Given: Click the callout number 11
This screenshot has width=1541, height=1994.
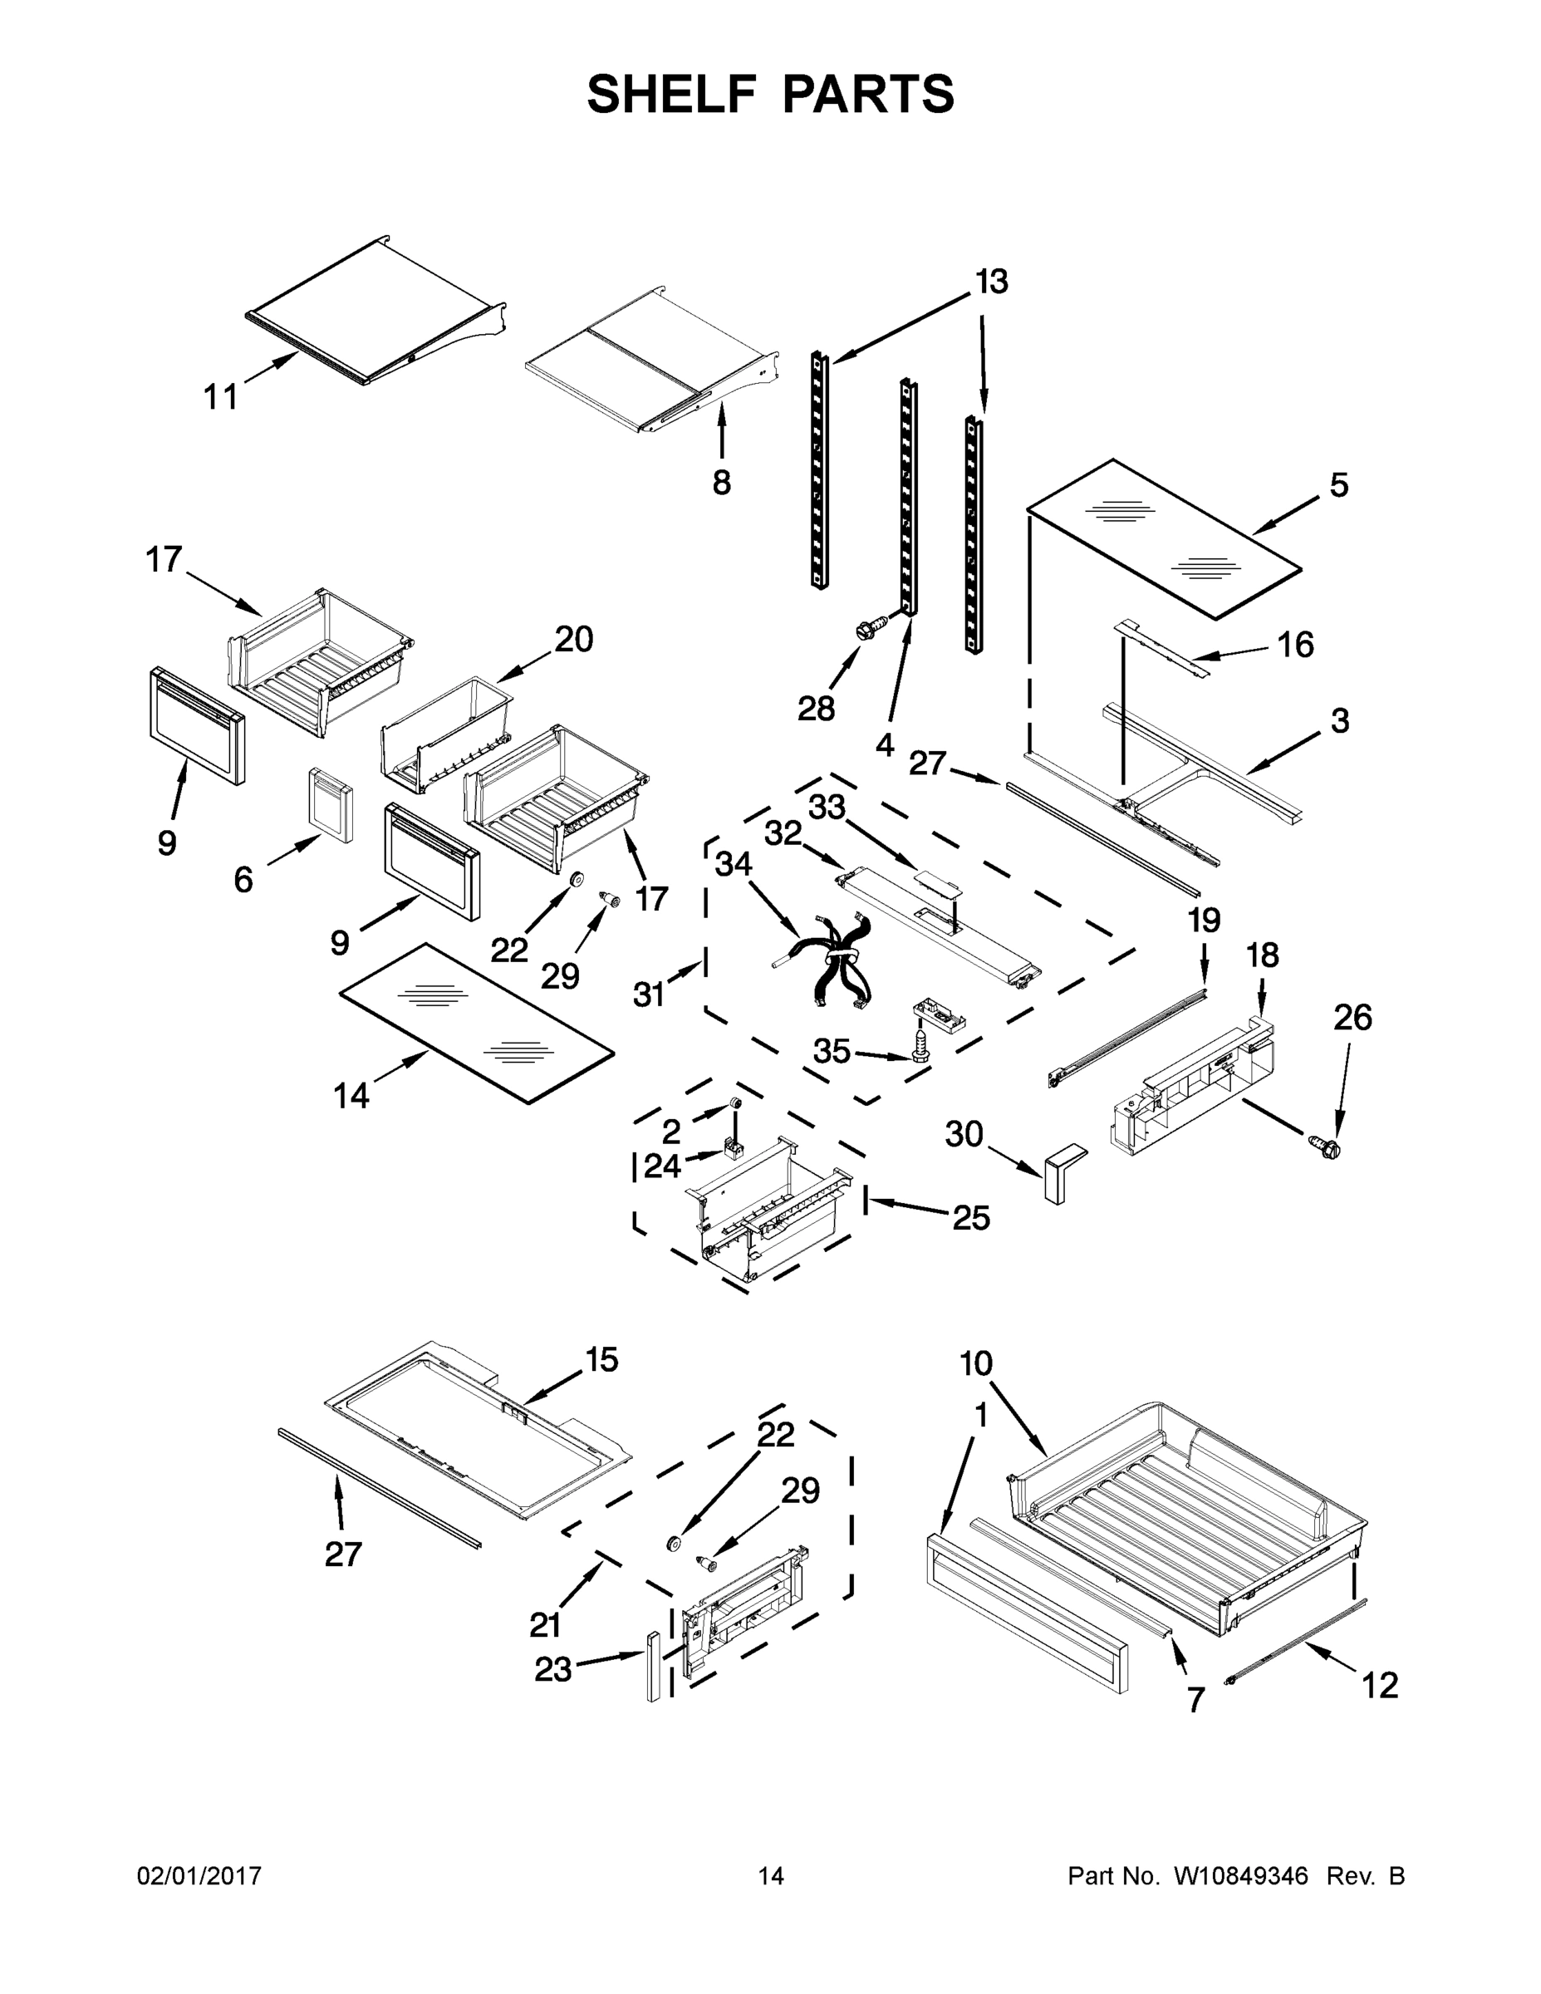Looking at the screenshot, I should tap(220, 397).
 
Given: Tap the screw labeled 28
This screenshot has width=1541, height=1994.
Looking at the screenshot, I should tap(869, 629).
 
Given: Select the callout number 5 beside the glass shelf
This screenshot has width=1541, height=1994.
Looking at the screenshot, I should tap(1338, 485).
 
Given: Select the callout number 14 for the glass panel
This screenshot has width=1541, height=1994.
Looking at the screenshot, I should tap(351, 1095).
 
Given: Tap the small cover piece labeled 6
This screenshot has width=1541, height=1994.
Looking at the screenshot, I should tap(331, 803).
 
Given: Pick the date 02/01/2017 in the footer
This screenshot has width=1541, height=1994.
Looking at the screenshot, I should tap(199, 1875).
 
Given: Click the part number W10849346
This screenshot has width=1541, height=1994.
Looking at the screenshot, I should tap(1240, 1875).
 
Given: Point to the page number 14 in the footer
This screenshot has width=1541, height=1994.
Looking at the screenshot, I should tap(771, 1875).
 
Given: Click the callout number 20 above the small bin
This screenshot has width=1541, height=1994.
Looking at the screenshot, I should tap(574, 640).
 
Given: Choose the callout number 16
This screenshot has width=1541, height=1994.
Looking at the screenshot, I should tap(1294, 645).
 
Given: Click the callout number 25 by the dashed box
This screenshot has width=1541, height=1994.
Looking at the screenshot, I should tap(971, 1217).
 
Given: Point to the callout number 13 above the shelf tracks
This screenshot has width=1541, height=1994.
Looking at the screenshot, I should tap(991, 281).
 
